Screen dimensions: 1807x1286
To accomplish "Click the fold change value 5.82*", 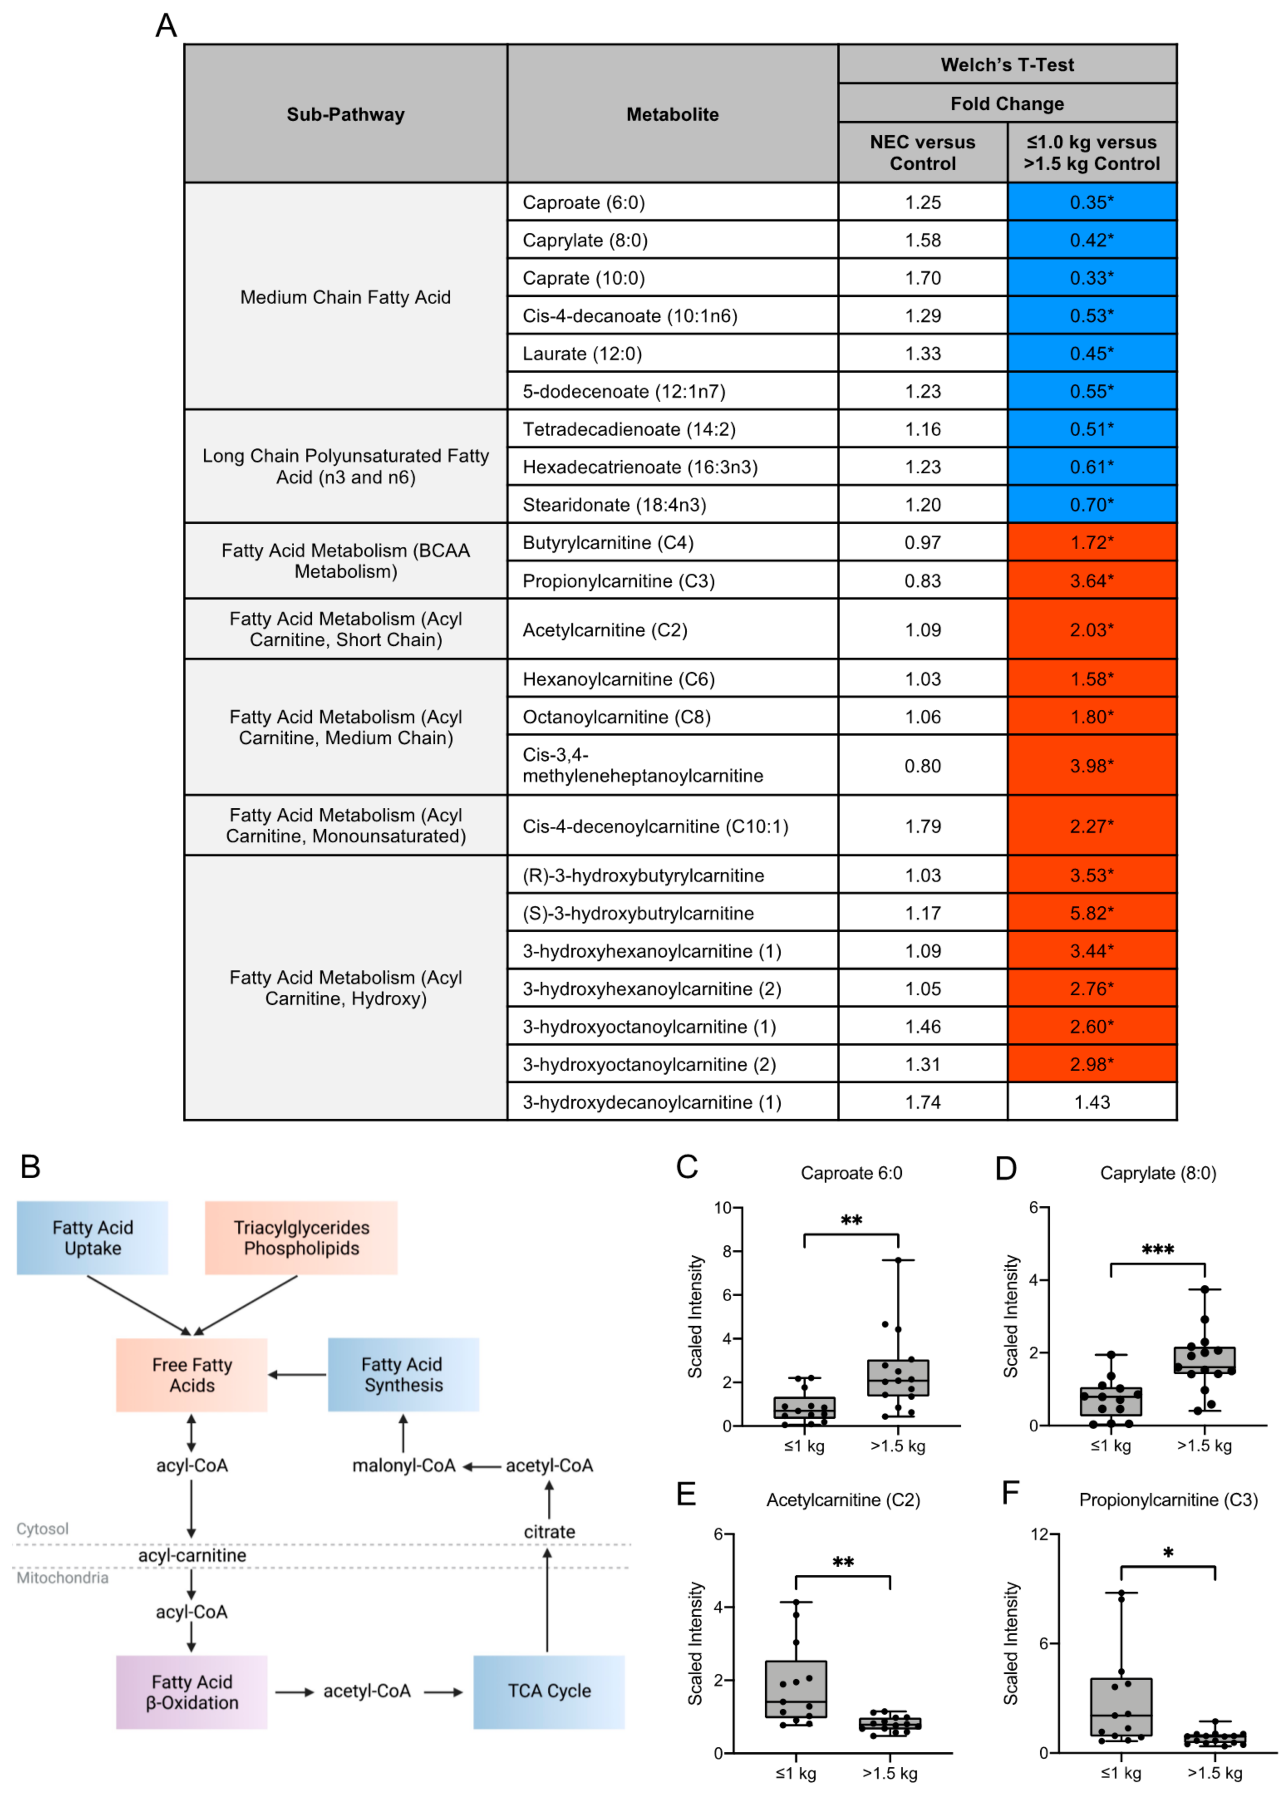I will (1091, 913).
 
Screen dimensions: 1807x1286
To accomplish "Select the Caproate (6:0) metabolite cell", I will (584, 203).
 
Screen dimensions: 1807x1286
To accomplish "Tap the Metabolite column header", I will (672, 114).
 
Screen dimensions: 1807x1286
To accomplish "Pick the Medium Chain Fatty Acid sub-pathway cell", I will (345, 297).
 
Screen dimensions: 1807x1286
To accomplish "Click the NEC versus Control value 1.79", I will (922, 826).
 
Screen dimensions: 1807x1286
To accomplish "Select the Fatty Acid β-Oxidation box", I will (192, 1691).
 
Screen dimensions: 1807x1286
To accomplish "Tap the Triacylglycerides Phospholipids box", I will (301, 1238).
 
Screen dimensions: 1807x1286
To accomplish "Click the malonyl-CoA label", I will (404, 1466).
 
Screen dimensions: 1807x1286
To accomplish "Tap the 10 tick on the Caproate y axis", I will (722, 1207).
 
